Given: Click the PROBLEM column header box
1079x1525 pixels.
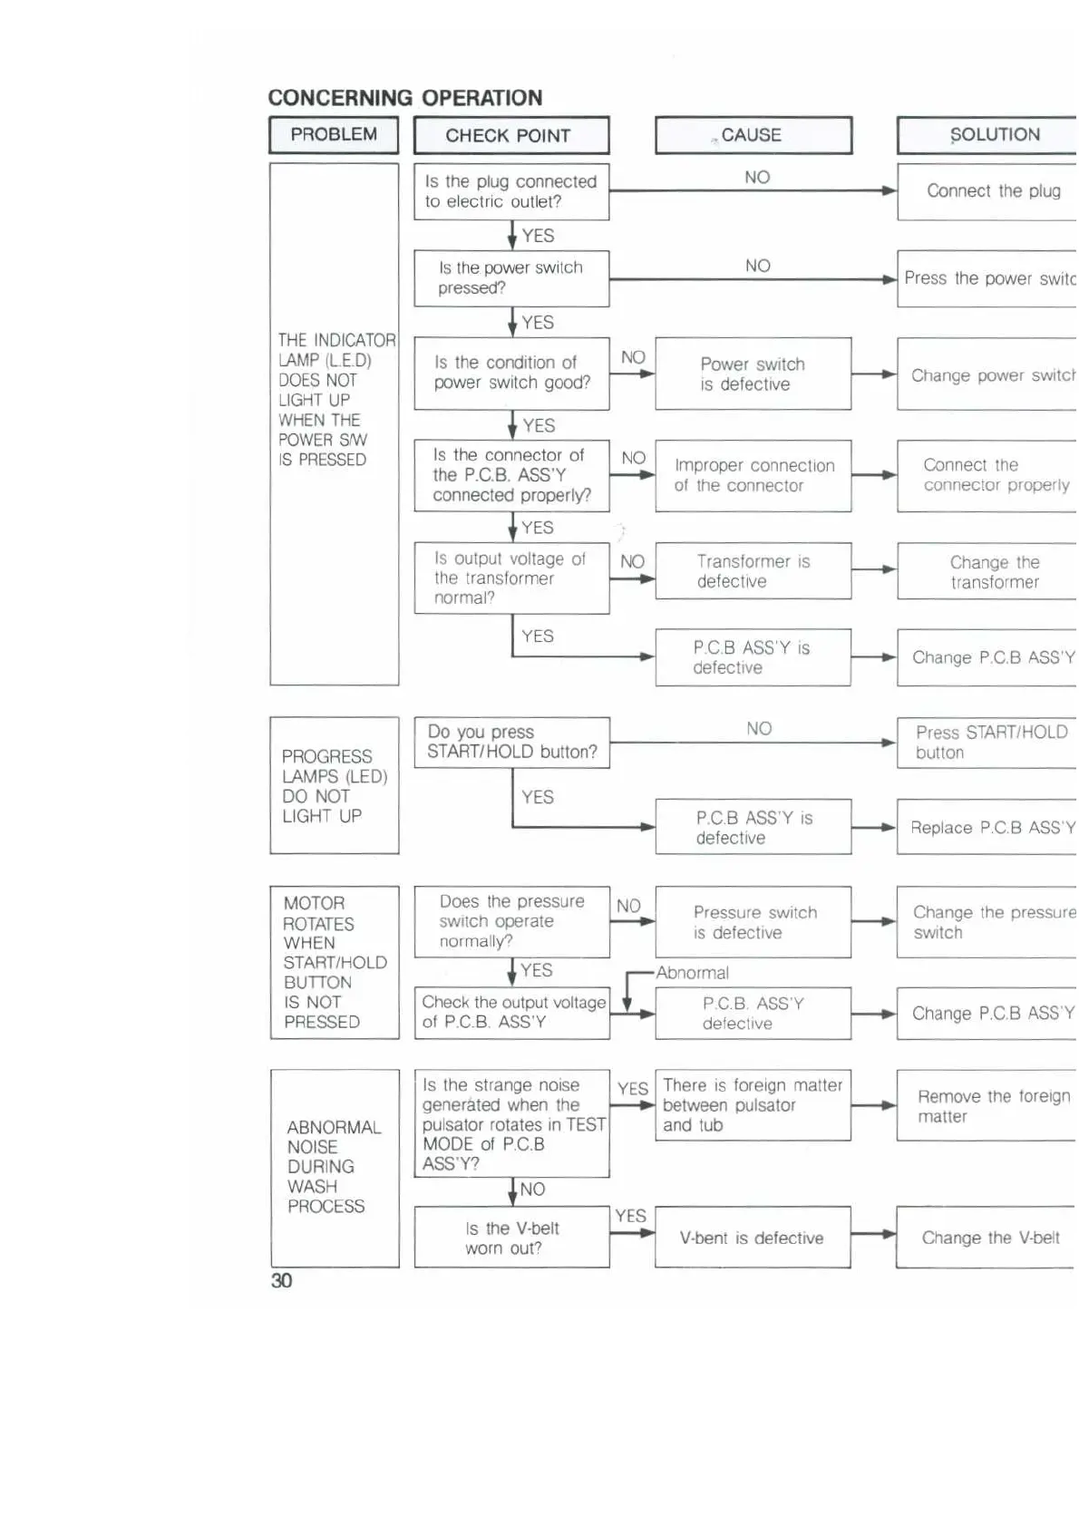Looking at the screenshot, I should coord(334,135).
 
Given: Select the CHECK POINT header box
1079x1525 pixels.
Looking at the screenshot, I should coord(511,136).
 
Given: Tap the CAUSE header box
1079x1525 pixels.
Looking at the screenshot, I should coord(753,136).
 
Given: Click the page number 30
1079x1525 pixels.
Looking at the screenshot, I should coord(281,1280).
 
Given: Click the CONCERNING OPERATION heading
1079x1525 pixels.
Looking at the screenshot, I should coord(404,98).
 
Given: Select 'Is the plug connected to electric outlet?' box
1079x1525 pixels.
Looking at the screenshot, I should coord(511,191).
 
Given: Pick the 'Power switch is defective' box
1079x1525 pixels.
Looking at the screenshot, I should coord(753,374).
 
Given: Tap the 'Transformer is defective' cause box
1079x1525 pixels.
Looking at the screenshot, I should coord(753,571).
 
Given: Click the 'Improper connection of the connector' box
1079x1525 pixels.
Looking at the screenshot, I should coord(753,475).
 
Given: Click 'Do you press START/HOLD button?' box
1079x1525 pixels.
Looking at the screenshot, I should coord(511,743).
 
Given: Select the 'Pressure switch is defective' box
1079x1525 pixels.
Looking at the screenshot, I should coord(753,922).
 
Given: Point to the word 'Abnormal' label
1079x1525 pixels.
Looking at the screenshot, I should coord(693,973).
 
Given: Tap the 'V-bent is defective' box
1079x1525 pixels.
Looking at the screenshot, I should coord(753,1238).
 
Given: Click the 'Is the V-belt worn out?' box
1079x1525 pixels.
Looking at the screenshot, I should coord(511,1238).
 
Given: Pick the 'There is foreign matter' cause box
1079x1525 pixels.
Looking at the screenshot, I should coord(753,1105).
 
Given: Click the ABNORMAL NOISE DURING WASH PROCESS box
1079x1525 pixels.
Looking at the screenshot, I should coord(335,1168).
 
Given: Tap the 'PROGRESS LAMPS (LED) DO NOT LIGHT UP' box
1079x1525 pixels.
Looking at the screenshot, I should coord(335,785).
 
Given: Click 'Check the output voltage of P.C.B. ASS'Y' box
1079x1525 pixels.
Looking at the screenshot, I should coord(511,1013).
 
